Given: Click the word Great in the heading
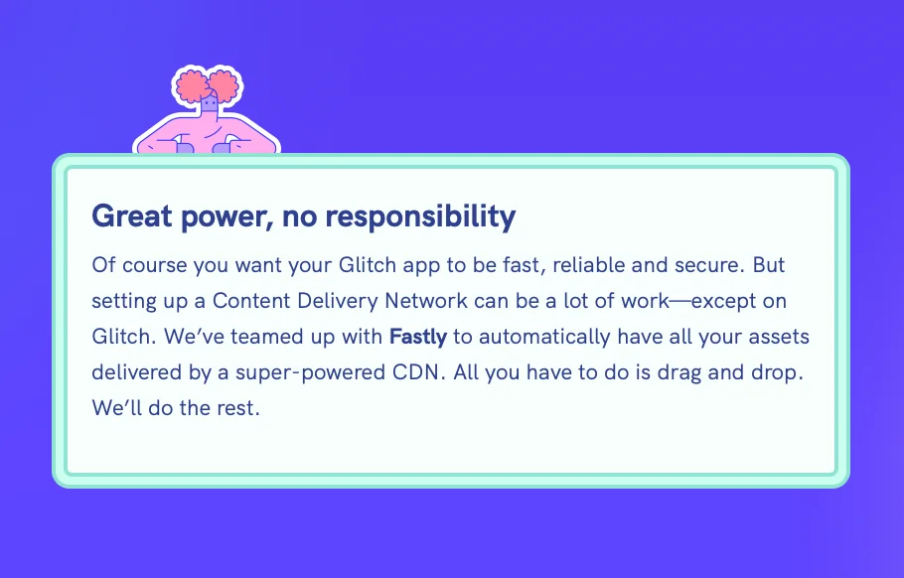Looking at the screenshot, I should (x=125, y=217).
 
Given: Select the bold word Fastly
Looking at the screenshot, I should (x=418, y=337).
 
